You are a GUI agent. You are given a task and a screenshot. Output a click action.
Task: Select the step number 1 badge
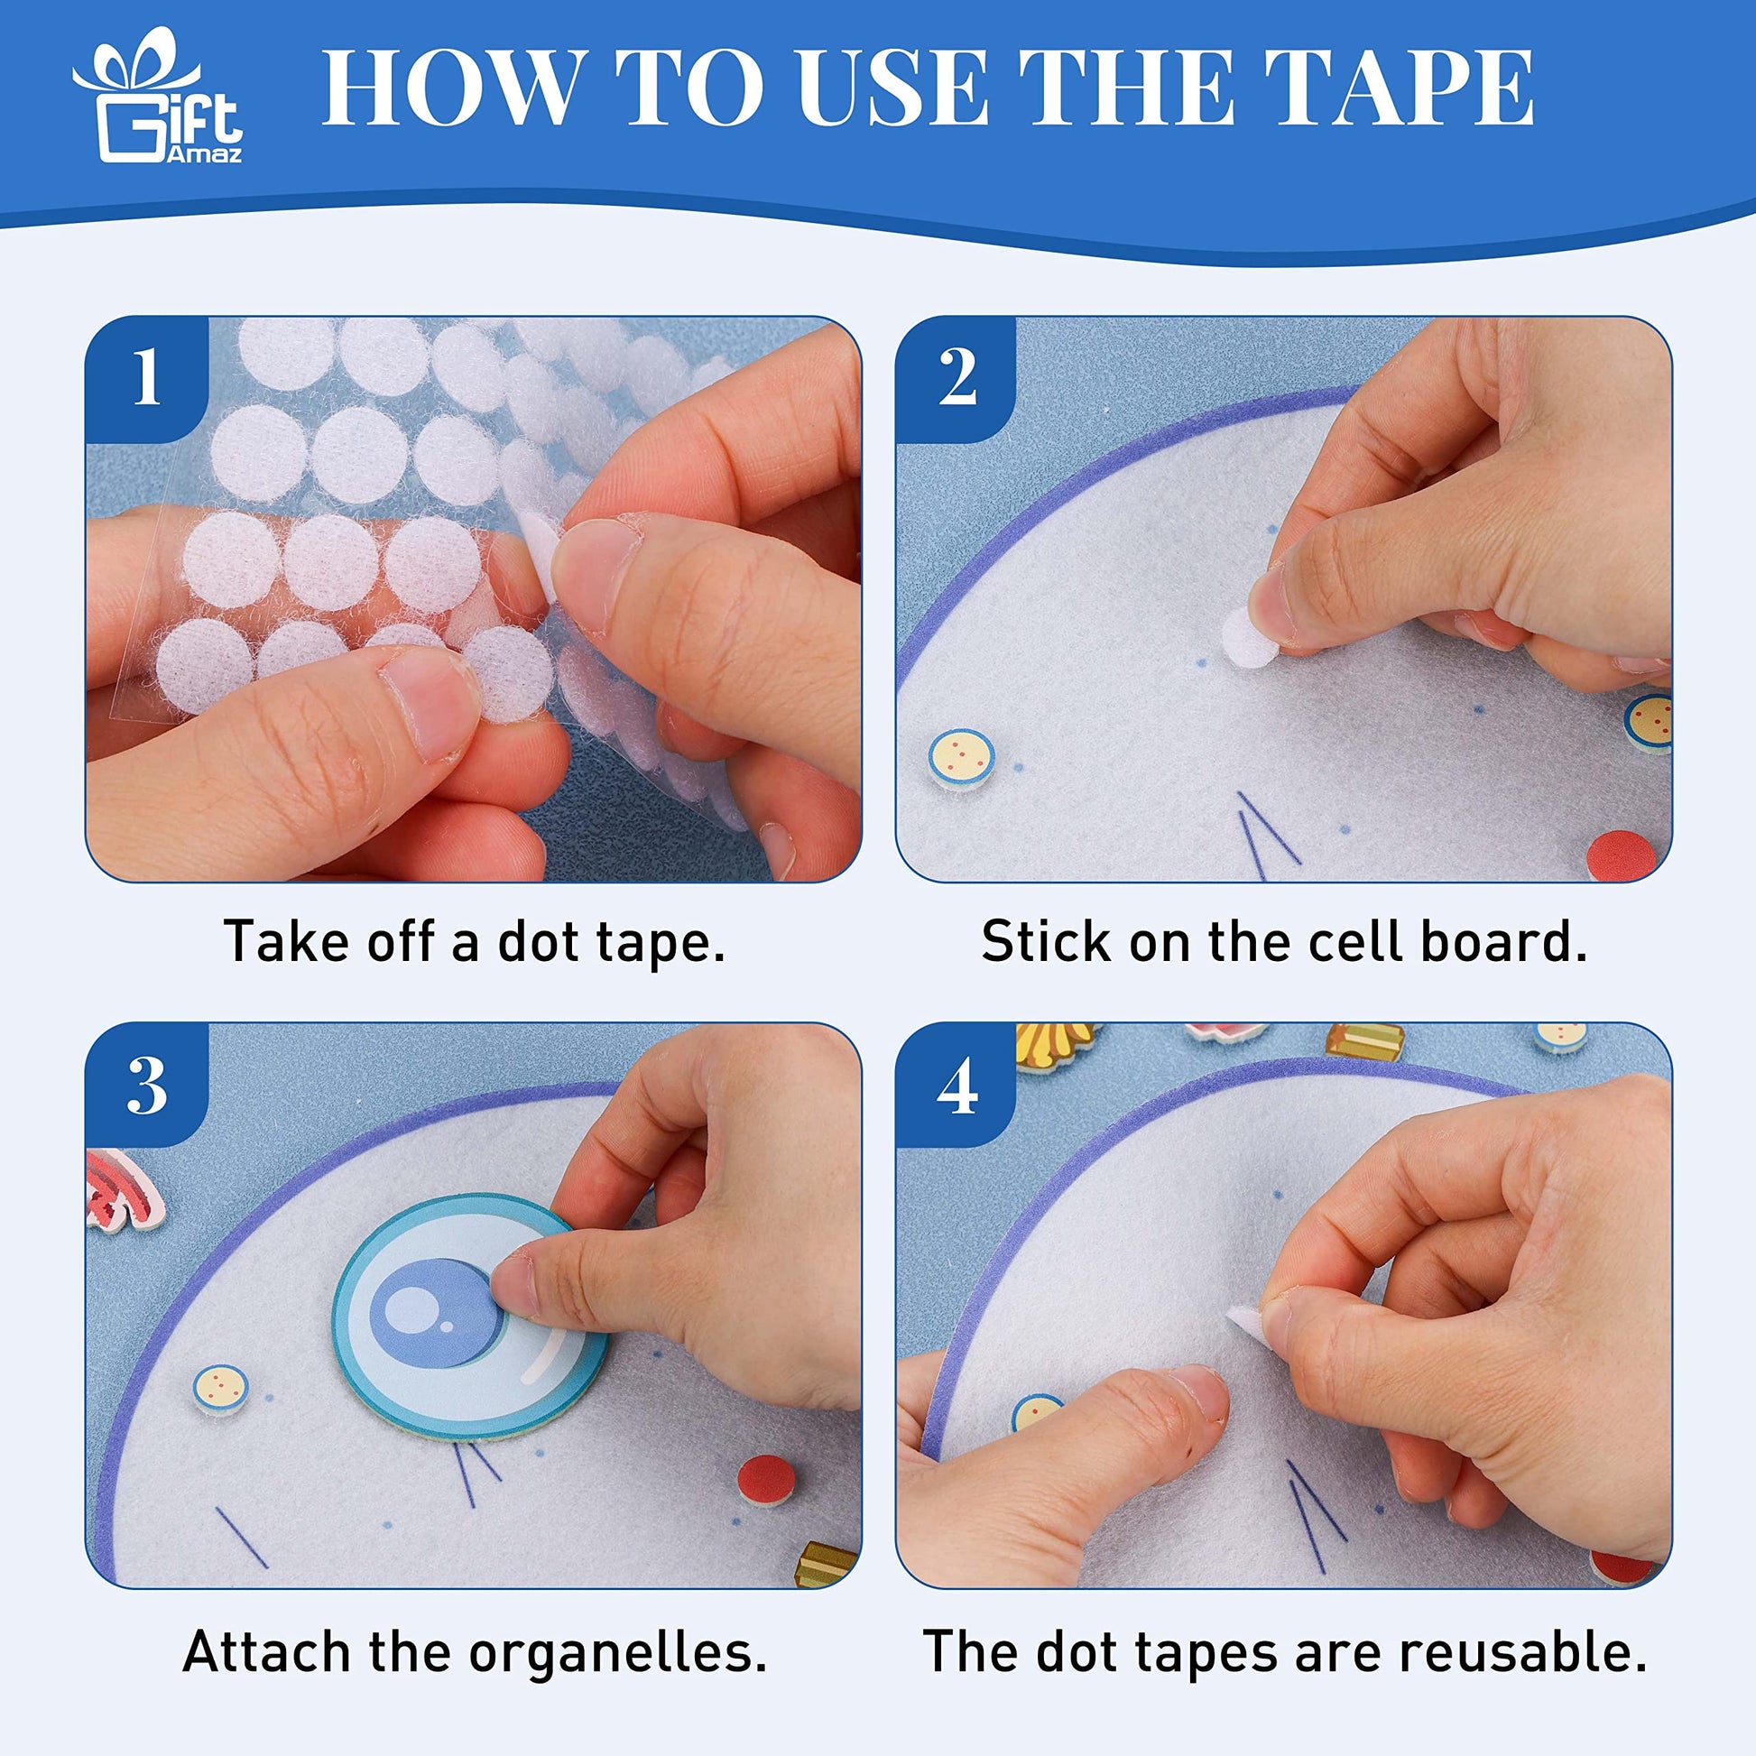coord(145,379)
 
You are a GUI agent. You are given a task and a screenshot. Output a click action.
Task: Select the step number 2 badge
coord(957,379)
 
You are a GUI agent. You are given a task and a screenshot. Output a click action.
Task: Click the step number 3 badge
coord(145,1086)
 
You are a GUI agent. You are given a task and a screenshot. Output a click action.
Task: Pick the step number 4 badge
coord(957,1086)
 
